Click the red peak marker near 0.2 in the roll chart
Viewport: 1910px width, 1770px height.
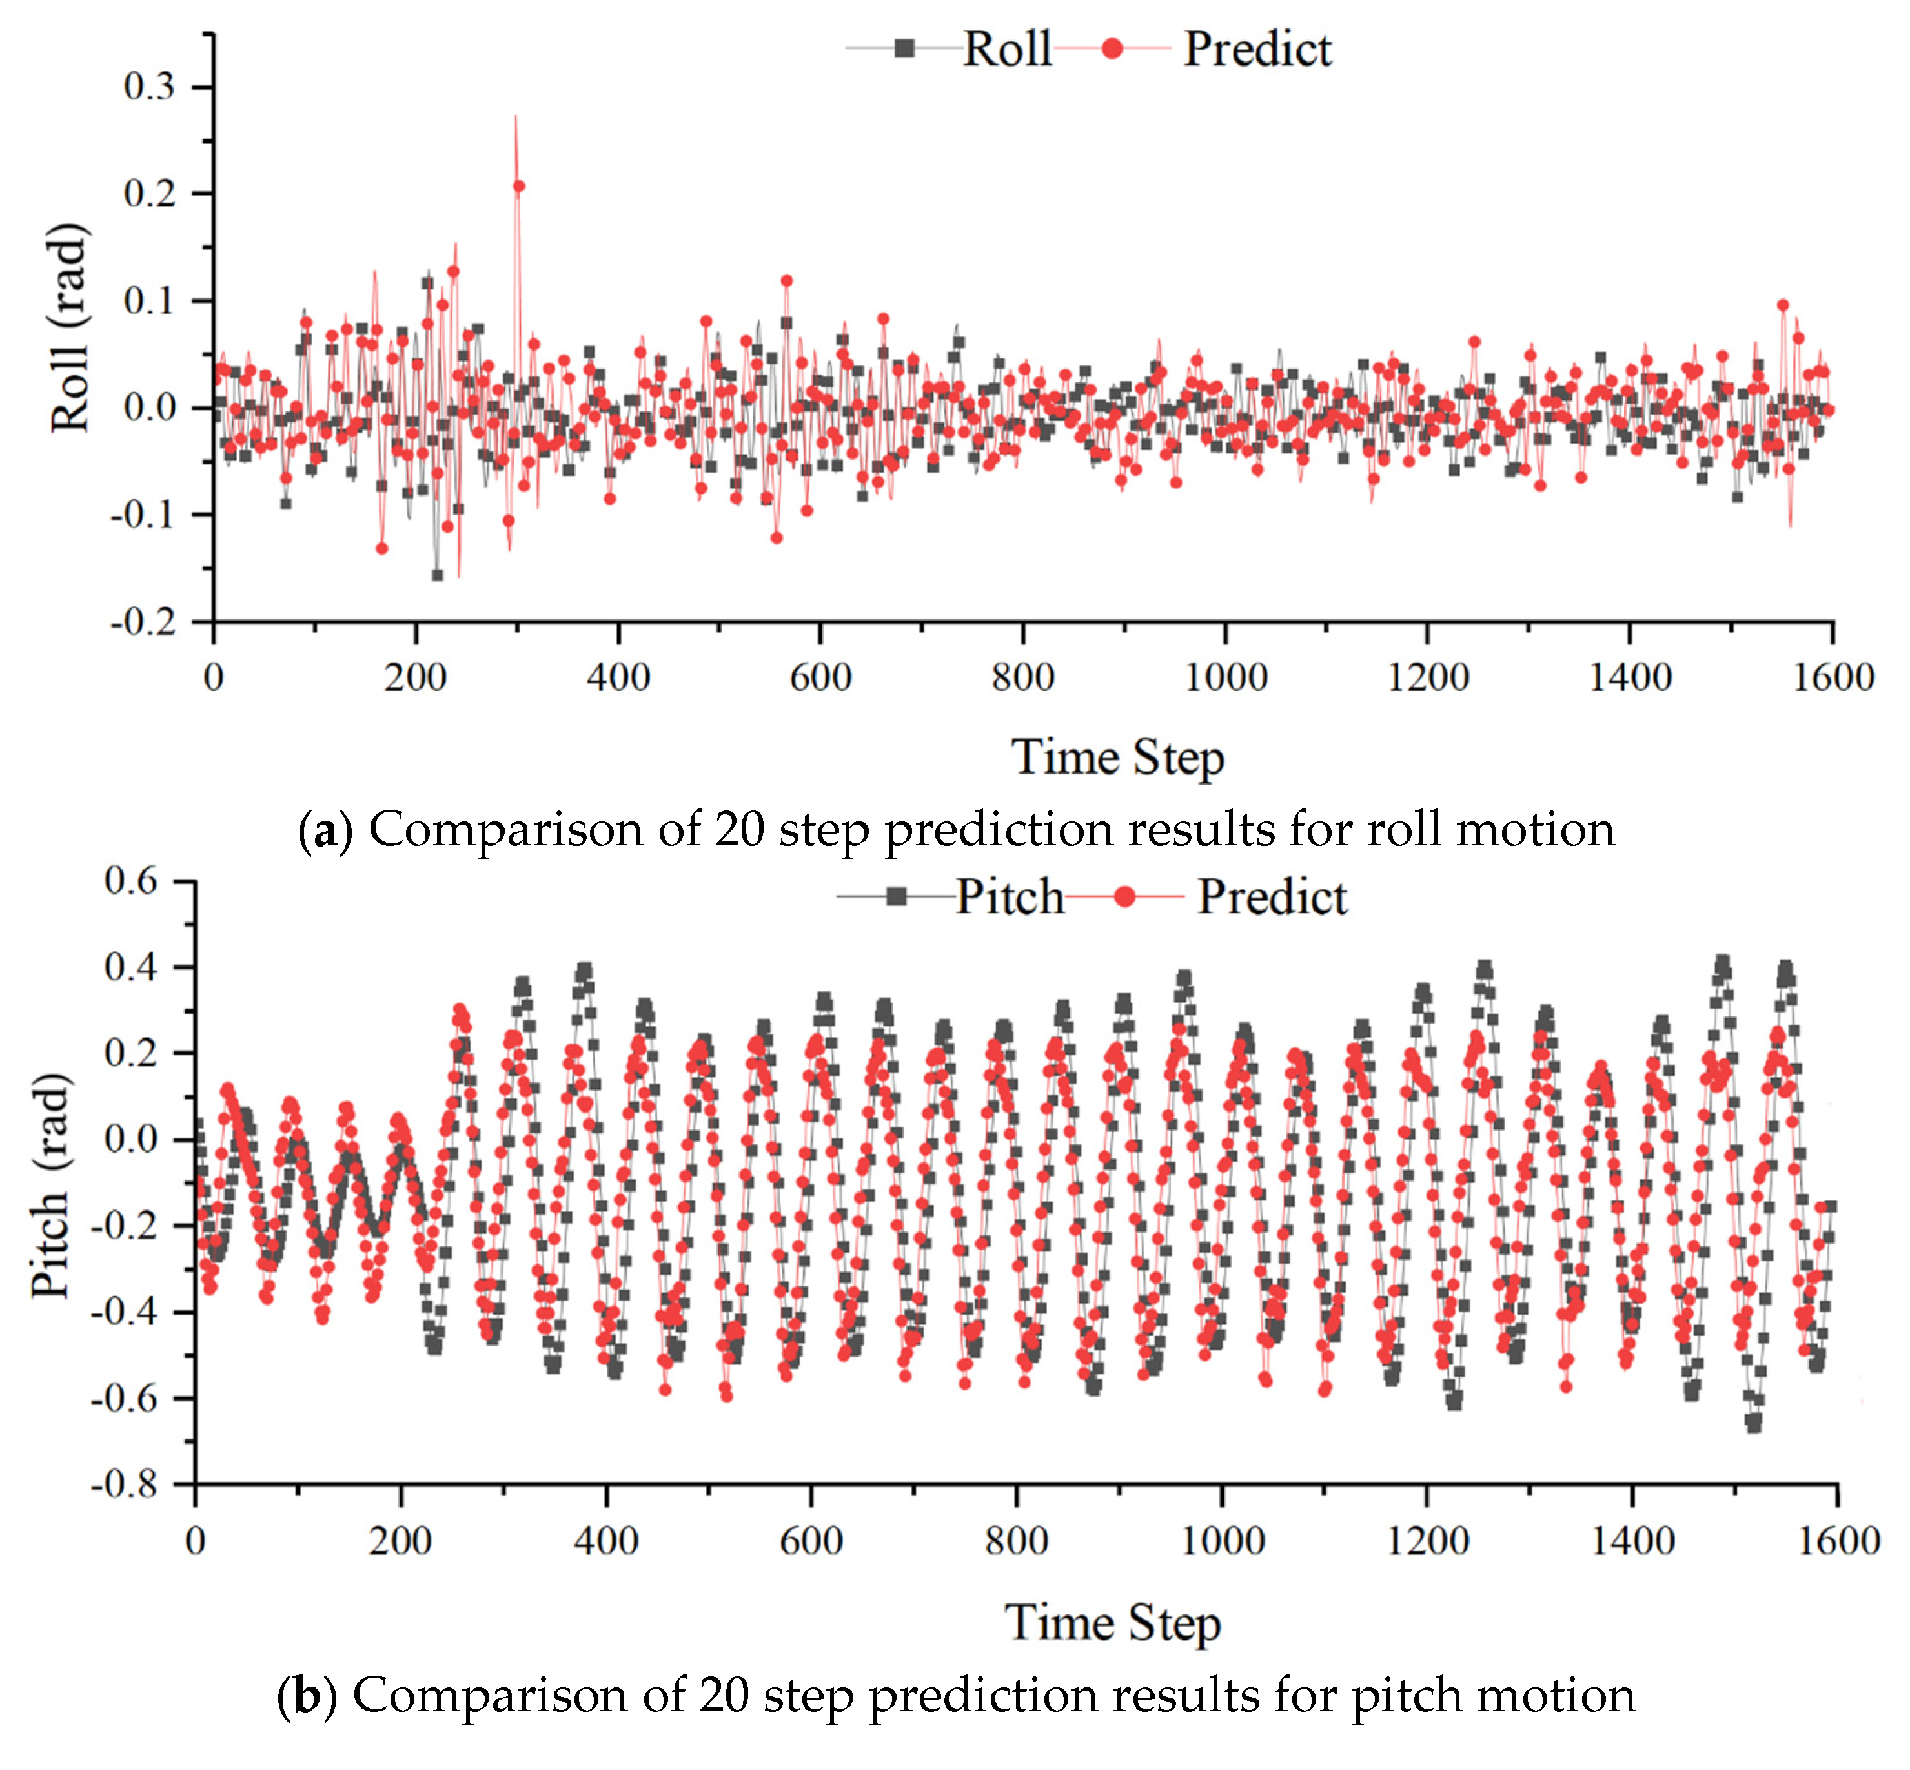tap(518, 187)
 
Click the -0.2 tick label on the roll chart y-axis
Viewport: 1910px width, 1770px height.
tap(143, 623)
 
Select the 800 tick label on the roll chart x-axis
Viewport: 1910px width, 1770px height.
tap(1022, 678)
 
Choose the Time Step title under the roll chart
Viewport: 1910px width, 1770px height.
tap(1117, 757)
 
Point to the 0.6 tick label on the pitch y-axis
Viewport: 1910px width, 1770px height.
tap(130, 881)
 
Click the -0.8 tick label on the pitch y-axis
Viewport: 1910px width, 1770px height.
tap(125, 1485)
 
